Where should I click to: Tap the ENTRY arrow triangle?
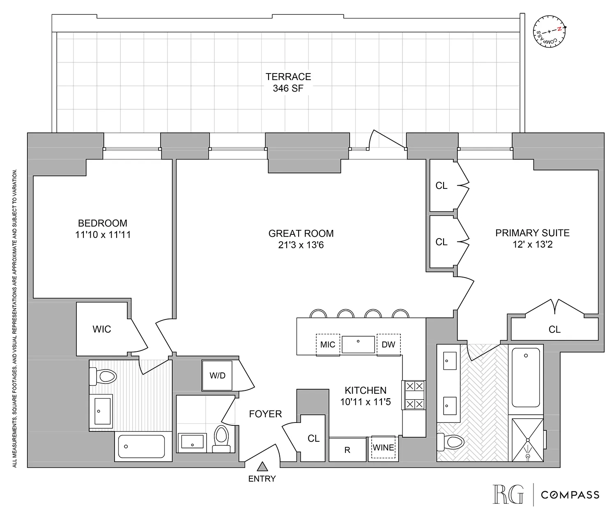pos(262,466)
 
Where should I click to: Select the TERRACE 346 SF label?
pos(288,82)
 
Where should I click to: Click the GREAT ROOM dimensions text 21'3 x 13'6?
pos(301,245)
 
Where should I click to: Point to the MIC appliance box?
pos(328,344)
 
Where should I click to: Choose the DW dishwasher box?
pos(388,344)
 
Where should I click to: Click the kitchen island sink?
pos(359,344)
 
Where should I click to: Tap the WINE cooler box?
pos(383,447)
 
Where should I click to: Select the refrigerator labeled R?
pos(347,450)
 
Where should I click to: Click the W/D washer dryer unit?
pos(217,376)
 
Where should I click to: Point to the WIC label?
pos(101,329)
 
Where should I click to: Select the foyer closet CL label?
pos(313,438)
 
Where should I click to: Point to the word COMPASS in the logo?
pos(570,495)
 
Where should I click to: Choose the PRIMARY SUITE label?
pos(532,233)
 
